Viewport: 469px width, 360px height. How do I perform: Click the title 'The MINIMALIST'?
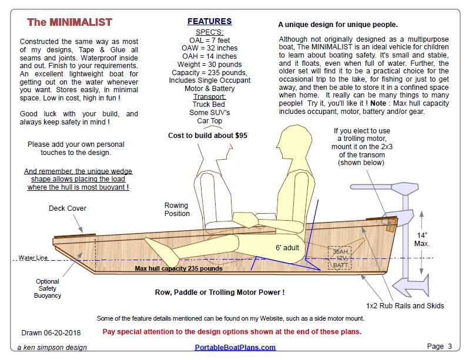coord(69,23)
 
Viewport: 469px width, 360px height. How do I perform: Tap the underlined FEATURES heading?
coord(209,22)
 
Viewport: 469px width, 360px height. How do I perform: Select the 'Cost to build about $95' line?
coord(207,135)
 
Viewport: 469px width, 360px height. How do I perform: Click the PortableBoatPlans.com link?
coord(235,347)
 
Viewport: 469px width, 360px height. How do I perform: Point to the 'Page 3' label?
coord(440,346)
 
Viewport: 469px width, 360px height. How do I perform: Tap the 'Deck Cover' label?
coord(67,208)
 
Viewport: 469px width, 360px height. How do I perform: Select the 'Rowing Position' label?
coord(177,210)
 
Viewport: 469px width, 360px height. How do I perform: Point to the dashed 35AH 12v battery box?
coord(340,258)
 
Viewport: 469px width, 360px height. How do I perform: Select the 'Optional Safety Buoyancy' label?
coord(48,288)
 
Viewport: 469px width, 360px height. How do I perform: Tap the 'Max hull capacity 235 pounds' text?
coord(179,269)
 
